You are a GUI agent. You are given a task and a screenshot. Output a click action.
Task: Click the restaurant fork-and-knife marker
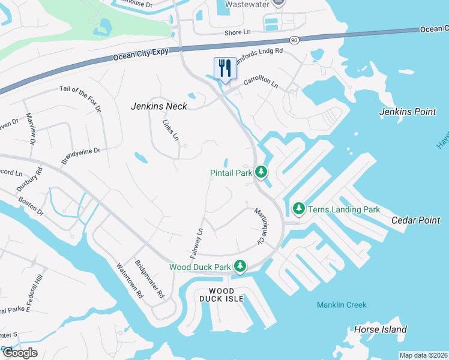[225, 68]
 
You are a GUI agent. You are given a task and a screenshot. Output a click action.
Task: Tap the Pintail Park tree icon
[261, 172]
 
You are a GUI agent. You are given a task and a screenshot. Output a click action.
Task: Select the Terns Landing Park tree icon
[299, 209]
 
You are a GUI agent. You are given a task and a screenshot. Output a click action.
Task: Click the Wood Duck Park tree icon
[240, 265]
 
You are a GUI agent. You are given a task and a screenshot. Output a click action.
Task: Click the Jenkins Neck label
[159, 106]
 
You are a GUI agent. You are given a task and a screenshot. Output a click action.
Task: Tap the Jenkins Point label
[407, 112]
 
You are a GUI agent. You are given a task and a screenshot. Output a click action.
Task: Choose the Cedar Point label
[416, 220]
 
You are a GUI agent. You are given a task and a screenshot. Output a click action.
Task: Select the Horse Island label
[381, 329]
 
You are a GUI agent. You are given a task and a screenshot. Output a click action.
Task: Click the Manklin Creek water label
[342, 305]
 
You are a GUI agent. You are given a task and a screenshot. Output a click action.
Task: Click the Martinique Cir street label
[259, 225]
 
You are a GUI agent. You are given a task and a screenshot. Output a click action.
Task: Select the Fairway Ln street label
[197, 243]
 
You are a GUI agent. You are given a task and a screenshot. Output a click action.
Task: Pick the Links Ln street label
[171, 130]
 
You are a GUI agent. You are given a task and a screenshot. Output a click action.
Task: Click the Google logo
[19, 353]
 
